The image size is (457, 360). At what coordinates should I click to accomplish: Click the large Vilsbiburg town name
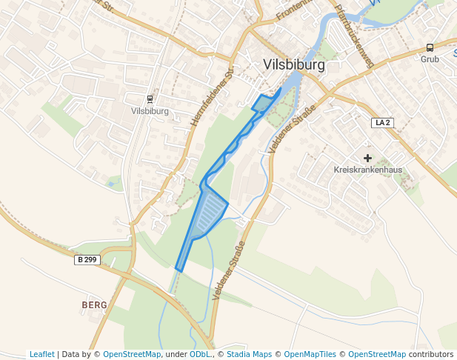click(x=294, y=65)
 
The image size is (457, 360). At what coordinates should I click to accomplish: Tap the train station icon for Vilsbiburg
click(x=150, y=99)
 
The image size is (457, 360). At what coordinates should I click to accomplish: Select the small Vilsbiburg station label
click(x=150, y=112)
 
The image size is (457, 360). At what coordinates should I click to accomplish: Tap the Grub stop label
click(x=430, y=59)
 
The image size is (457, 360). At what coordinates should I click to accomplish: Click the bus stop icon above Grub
click(x=430, y=47)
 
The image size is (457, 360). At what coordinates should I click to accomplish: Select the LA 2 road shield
click(x=383, y=122)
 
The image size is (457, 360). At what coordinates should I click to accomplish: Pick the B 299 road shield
click(x=87, y=260)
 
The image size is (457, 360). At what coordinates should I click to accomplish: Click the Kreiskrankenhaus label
click(x=368, y=170)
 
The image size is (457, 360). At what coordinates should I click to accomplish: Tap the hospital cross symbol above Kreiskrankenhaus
click(x=367, y=158)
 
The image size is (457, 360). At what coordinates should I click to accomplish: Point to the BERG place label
click(x=94, y=305)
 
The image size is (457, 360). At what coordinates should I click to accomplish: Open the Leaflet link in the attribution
click(x=42, y=355)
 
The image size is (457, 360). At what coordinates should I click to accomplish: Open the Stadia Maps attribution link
click(x=249, y=355)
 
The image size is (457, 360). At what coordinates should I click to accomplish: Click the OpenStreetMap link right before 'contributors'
click(x=377, y=355)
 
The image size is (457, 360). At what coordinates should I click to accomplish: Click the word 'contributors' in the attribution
click(x=430, y=355)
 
